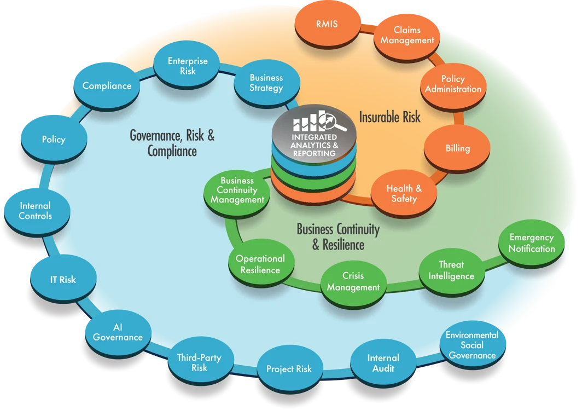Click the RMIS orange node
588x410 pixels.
coord(327,25)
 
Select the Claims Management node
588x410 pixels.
coord(407,35)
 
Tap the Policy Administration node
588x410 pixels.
coord(453,84)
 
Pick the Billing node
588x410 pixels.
coord(457,148)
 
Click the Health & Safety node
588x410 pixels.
coord(404,194)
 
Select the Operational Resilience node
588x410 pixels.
coord(260,264)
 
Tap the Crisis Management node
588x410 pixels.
coord(353,282)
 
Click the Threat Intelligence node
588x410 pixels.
coord(451,271)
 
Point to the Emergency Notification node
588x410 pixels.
coord(532,243)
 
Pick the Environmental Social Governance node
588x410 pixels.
coord(472,345)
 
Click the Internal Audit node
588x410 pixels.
coord(383,363)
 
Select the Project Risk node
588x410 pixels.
coord(289,369)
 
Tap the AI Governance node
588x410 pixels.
coord(118,332)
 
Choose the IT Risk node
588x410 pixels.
coord(63,280)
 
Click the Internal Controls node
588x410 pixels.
coord(36,211)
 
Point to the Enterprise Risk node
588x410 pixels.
coord(188,66)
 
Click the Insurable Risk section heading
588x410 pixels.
coord(390,117)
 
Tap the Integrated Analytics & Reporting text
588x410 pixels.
coord(315,145)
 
